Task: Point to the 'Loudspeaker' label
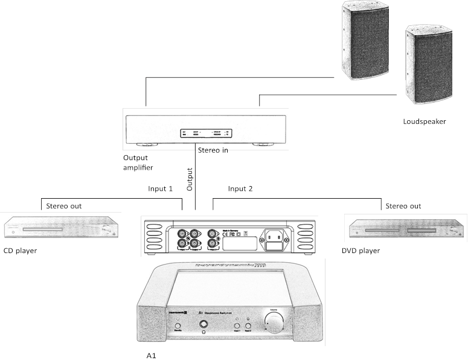point(425,121)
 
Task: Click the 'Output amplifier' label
point(138,162)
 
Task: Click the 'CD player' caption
point(20,250)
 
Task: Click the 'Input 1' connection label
point(161,188)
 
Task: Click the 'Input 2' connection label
point(240,188)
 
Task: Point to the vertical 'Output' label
point(190,179)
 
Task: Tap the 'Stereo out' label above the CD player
point(64,206)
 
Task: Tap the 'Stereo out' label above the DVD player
point(403,206)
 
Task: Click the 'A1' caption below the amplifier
point(152,355)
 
